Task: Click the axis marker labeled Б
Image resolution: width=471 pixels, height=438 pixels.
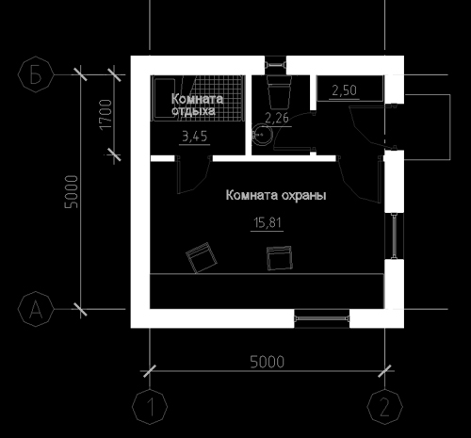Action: coord(36,74)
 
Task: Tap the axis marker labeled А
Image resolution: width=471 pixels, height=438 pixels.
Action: coord(36,309)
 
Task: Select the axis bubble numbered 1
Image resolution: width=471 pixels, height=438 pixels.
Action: coord(150,407)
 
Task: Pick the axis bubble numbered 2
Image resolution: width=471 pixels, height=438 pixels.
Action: coord(384,407)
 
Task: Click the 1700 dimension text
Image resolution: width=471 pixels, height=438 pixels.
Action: coord(106,114)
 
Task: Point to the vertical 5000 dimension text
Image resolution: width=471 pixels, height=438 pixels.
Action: coord(71,192)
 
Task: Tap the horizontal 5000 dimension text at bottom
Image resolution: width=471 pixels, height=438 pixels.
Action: coord(268,362)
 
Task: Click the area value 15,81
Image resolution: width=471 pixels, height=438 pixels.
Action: coord(268,222)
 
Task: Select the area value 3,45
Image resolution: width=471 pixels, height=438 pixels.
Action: coord(195,137)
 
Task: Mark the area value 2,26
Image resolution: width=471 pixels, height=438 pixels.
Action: coord(277,118)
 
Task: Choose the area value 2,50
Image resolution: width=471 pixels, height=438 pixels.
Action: coord(345,90)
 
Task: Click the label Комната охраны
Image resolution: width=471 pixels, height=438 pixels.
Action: coord(276,195)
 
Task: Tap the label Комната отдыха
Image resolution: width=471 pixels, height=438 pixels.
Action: coord(197,105)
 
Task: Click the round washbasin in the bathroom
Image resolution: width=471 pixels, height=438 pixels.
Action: coord(262,135)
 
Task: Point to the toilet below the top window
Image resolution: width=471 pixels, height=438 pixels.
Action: coord(279,90)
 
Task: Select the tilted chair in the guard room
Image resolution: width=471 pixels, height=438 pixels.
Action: coord(202,257)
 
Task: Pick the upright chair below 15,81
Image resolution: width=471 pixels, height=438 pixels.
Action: coord(280,258)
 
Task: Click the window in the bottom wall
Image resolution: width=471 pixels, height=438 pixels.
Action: coord(322,318)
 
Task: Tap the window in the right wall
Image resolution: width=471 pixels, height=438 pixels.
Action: coord(394,236)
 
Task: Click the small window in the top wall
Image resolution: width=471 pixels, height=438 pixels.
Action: coord(275,65)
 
